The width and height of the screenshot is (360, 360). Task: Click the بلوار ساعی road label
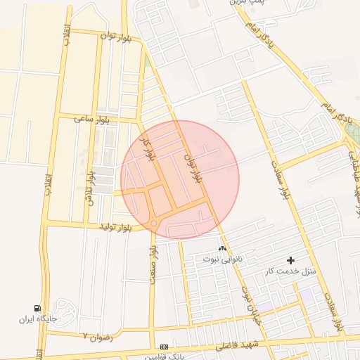[x=94, y=120]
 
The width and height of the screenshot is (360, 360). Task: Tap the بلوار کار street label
[x=148, y=149]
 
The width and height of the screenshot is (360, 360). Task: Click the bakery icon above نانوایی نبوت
[x=223, y=248]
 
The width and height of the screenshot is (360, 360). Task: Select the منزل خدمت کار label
[x=290, y=271]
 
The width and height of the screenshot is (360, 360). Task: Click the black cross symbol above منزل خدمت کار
[x=291, y=260]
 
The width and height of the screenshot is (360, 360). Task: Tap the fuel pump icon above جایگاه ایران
[x=37, y=308]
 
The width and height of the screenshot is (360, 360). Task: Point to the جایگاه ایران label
[x=37, y=319]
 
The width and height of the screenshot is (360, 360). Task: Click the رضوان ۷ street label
[x=98, y=337]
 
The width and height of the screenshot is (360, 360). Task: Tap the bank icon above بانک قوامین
[x=165, y=347]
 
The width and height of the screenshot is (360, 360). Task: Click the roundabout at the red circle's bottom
[x=153, y=224]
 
